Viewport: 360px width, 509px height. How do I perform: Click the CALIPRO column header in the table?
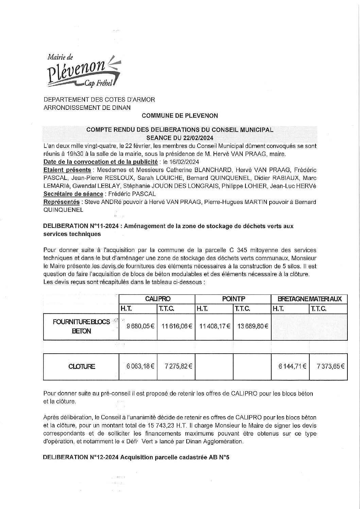[x=157, y=299]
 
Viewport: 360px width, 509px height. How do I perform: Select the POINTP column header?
[x=233, y=299]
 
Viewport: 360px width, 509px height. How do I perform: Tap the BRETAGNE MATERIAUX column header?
[x=309, y=299]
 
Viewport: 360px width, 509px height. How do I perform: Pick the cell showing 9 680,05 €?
[x=138, y=326]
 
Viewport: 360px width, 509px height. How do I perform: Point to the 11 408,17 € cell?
[x=214, y=326]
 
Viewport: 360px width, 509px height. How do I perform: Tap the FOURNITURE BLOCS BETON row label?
[x=82, y=326]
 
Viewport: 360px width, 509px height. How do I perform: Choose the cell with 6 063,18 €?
[x=138, y=366]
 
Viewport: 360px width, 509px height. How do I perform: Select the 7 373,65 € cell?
[x=328, y=366]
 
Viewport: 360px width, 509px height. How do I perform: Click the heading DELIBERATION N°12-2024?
[x=136, y=457]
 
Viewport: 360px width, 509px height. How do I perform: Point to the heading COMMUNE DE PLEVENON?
[x=180, y=116]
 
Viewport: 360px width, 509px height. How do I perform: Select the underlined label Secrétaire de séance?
[x=73, y=194]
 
